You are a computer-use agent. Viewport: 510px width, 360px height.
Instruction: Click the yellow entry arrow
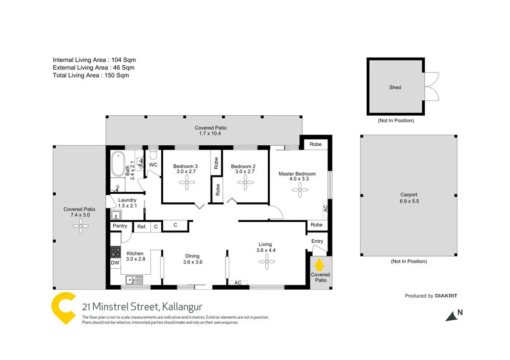click(319, 265)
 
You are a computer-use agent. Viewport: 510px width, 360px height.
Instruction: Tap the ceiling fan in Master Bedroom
click(300, 192)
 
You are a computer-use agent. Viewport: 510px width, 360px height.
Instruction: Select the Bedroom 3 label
click(186, 166)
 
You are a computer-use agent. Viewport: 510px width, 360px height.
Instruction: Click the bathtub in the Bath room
click(118, 165)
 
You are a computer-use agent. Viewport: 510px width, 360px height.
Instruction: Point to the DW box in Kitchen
click(115, 263)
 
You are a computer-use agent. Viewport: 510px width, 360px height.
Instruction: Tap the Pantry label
click(120, 226)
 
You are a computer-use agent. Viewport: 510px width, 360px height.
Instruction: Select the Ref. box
click(141, 226)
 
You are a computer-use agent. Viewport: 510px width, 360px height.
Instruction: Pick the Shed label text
click(395, 87)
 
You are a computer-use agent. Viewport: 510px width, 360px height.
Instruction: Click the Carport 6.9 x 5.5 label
click(409, 198)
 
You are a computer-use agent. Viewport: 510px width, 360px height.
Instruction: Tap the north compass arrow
click(452, 316)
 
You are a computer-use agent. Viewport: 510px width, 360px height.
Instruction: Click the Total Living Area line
click(91, 75)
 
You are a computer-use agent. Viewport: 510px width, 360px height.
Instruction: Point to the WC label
click(153, 165)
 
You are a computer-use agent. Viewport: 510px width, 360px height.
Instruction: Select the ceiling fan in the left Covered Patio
click(80, 228)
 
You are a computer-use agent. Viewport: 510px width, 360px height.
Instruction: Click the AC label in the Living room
click(238, 283)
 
